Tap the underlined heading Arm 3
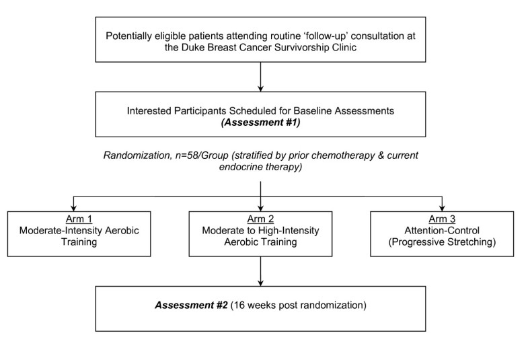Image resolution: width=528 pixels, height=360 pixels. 441,219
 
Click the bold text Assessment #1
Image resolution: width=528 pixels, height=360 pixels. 260,123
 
